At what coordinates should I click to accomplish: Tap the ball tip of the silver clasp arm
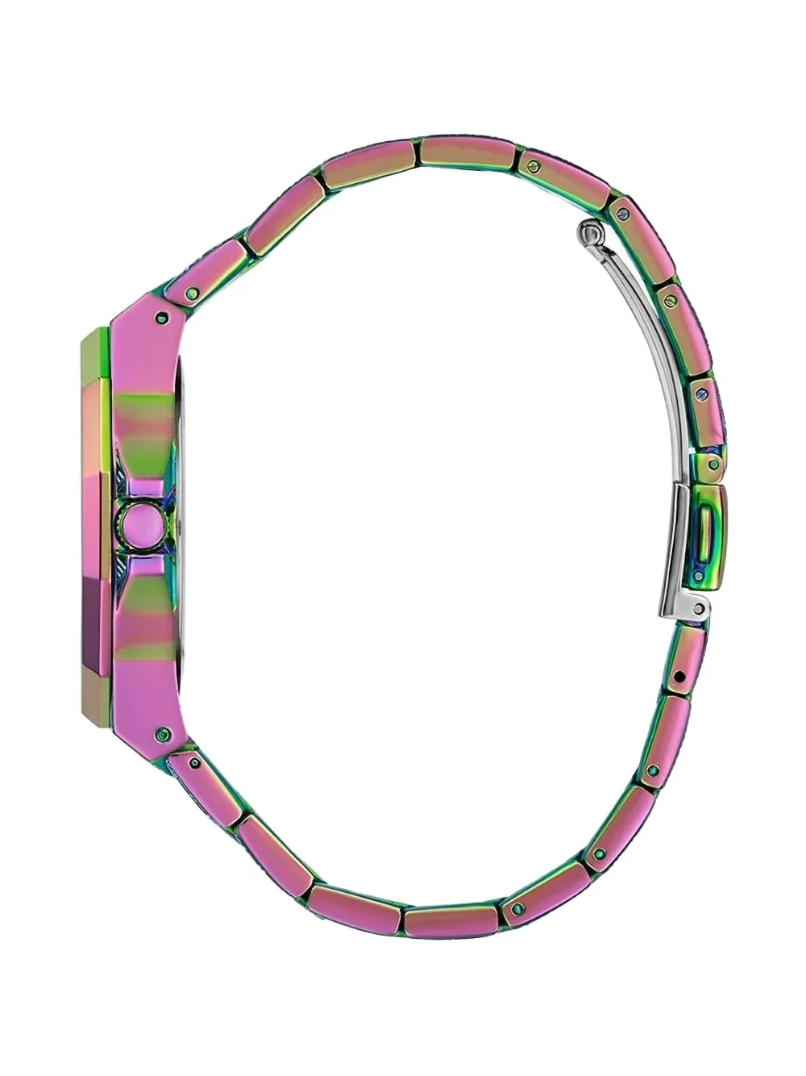tap(591, 233)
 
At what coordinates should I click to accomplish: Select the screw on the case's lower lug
tap(166, 733)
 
